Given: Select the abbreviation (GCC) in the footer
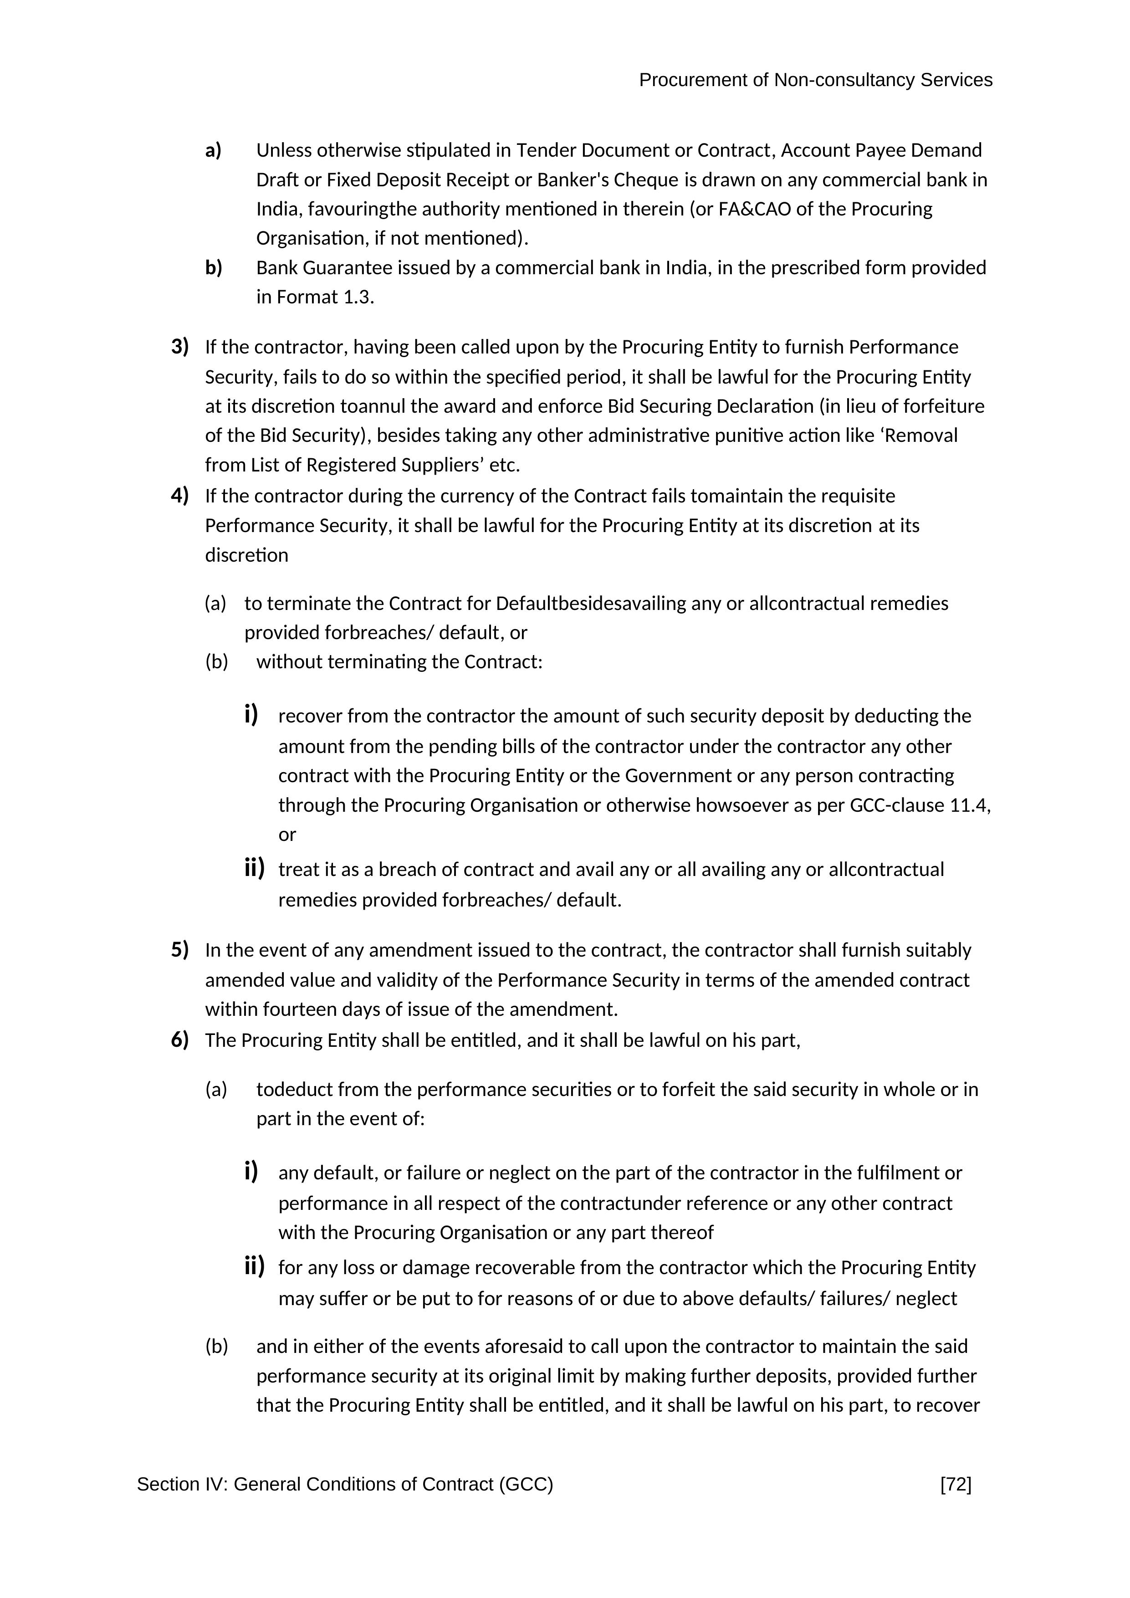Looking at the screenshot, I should [x=525, y=1485].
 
